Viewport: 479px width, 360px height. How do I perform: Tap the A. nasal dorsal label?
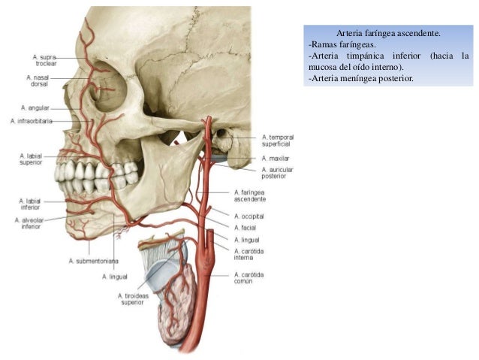point(39,81)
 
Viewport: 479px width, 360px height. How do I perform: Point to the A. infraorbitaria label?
point(32,121)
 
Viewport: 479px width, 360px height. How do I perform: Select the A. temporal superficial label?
point(277,141)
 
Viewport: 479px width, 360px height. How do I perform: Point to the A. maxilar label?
point(276,159)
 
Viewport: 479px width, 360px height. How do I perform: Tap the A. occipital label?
point(249,216)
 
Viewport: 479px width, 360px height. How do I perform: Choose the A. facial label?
point(245,227)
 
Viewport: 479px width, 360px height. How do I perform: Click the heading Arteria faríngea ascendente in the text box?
point(388,34)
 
